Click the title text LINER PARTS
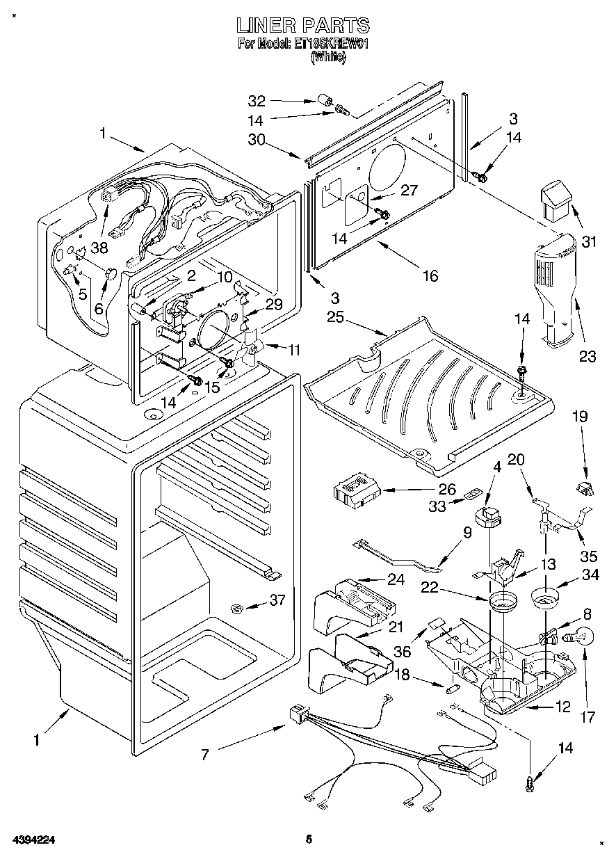click(x=302, y=26)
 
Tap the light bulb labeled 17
click(x=583, y=636)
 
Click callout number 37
click(x=277, y=601)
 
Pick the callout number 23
click(x=588, y=356)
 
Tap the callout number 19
click(x=580, y=417)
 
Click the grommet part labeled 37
click(x=236, y=609)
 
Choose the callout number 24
click(x=375, y=579)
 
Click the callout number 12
click(x=562, y=707)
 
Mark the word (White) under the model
click(x=328, y=58)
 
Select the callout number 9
click(x=467, y=533)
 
